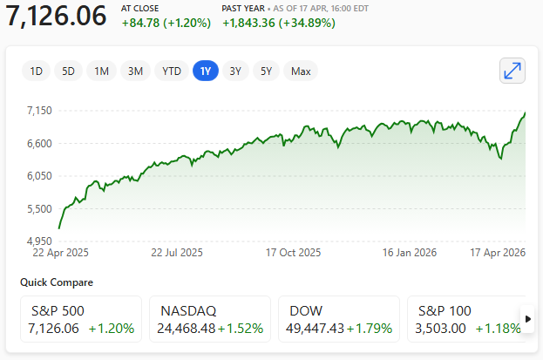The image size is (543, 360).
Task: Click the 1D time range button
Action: (36, 71)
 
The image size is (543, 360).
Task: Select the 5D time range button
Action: (68, 71)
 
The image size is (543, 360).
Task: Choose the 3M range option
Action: (135, 71)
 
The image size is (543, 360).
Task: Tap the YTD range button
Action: (172, 71)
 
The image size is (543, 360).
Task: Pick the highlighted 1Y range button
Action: (205, 71)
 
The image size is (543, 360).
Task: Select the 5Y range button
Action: (266, 71)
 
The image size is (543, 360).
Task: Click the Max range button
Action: (301, 71)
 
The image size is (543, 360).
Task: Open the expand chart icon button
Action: (512, 71)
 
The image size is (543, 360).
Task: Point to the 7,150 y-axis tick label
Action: (41, 111)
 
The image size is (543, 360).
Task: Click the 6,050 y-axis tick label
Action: (41, 176)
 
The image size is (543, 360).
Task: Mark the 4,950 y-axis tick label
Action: (41, 241)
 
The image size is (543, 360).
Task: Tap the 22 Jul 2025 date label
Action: (176, 254)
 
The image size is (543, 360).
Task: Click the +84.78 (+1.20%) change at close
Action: (166, 23)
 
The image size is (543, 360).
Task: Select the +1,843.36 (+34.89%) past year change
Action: (279, 23)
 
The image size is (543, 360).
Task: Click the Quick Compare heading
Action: (57, 282)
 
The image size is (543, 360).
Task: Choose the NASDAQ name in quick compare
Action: (188, 310)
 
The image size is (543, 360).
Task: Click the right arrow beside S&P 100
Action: (527, 318)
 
